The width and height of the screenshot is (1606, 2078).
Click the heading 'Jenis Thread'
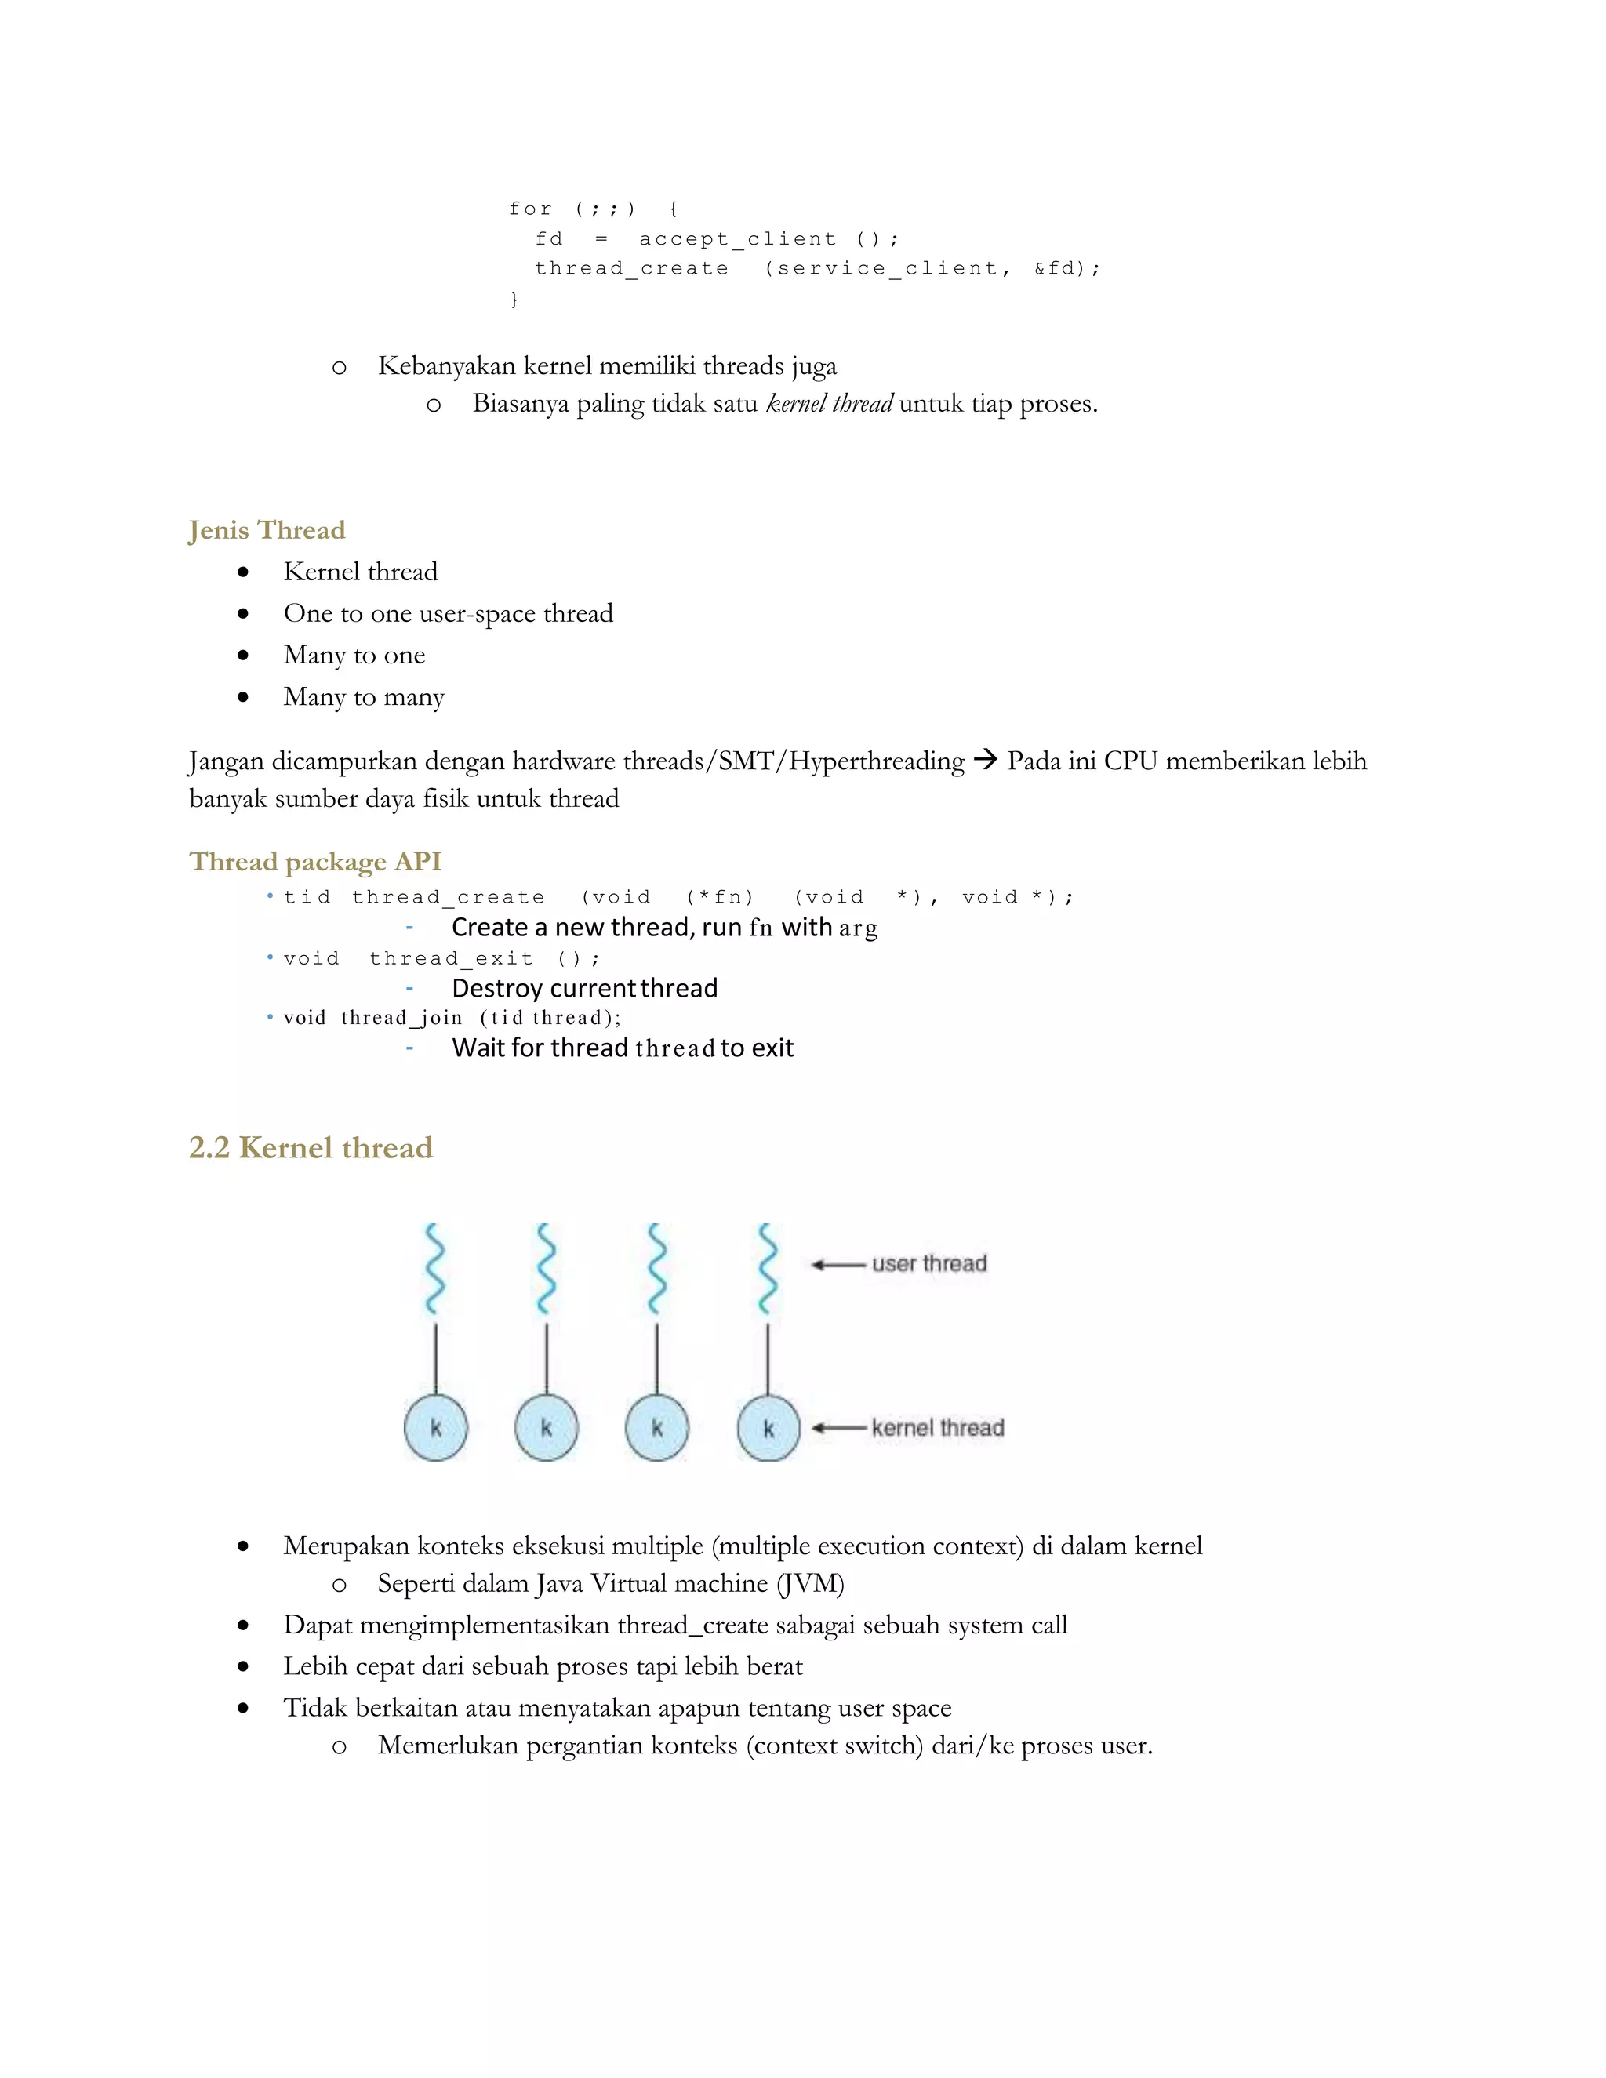[267, 530]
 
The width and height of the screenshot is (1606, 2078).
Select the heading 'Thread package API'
[315, 861]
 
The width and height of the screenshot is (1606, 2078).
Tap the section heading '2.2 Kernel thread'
[311, 1147]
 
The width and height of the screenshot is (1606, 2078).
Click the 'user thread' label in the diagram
[928, 1263]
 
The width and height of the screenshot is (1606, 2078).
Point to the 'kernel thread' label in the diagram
[937, 1427]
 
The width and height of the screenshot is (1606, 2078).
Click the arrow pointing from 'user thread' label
[838, 1265]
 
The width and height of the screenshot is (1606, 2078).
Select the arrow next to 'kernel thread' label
[838, 1428]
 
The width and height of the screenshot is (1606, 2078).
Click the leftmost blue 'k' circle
[436, 1427]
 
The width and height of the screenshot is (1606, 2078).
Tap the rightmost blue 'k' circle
[768, 1427]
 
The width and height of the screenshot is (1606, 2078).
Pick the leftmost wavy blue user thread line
[434, 1268]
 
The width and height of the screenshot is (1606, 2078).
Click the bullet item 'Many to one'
[354, 655]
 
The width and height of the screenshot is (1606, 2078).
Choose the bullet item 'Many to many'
[363, 696]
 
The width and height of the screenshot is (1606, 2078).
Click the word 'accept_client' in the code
[737, 239]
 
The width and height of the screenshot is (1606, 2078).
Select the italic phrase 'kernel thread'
[829, 403]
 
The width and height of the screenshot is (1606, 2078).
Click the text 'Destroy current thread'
[584, 987]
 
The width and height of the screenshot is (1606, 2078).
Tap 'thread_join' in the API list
[401, 1018]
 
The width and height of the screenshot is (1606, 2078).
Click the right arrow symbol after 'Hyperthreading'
[986, 760]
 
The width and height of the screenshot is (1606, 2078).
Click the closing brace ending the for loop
[514, 299]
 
